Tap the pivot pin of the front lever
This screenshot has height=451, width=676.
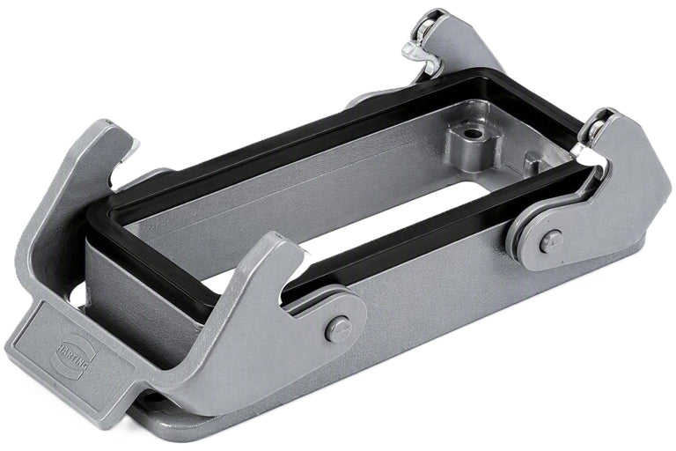pyautogui.click(x=338, y=329)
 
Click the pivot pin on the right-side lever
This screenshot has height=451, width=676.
pyautogui.click(x=550, y=240)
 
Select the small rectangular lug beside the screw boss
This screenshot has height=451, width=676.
pyautogui.click(x=534, y=163)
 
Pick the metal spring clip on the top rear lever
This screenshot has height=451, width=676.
pyautogui.click(x=418, y=53)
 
